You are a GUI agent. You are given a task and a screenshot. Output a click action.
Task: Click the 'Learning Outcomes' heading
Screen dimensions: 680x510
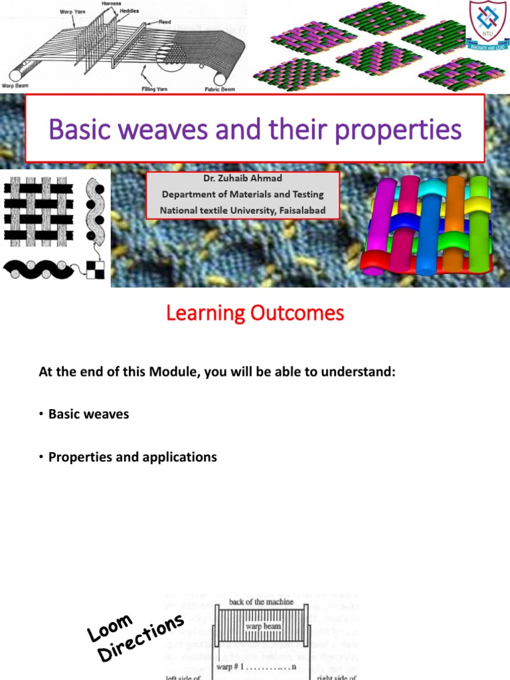(255, 313)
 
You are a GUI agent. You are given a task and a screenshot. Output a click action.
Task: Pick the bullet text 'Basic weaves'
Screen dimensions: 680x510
(88, 414)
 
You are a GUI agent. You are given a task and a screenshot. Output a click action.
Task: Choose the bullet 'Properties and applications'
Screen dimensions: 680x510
(132, 457)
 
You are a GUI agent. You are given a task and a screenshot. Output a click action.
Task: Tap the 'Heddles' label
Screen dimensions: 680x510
(129, 11)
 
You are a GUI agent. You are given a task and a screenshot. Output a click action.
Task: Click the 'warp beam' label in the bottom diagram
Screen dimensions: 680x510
(263, 626)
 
